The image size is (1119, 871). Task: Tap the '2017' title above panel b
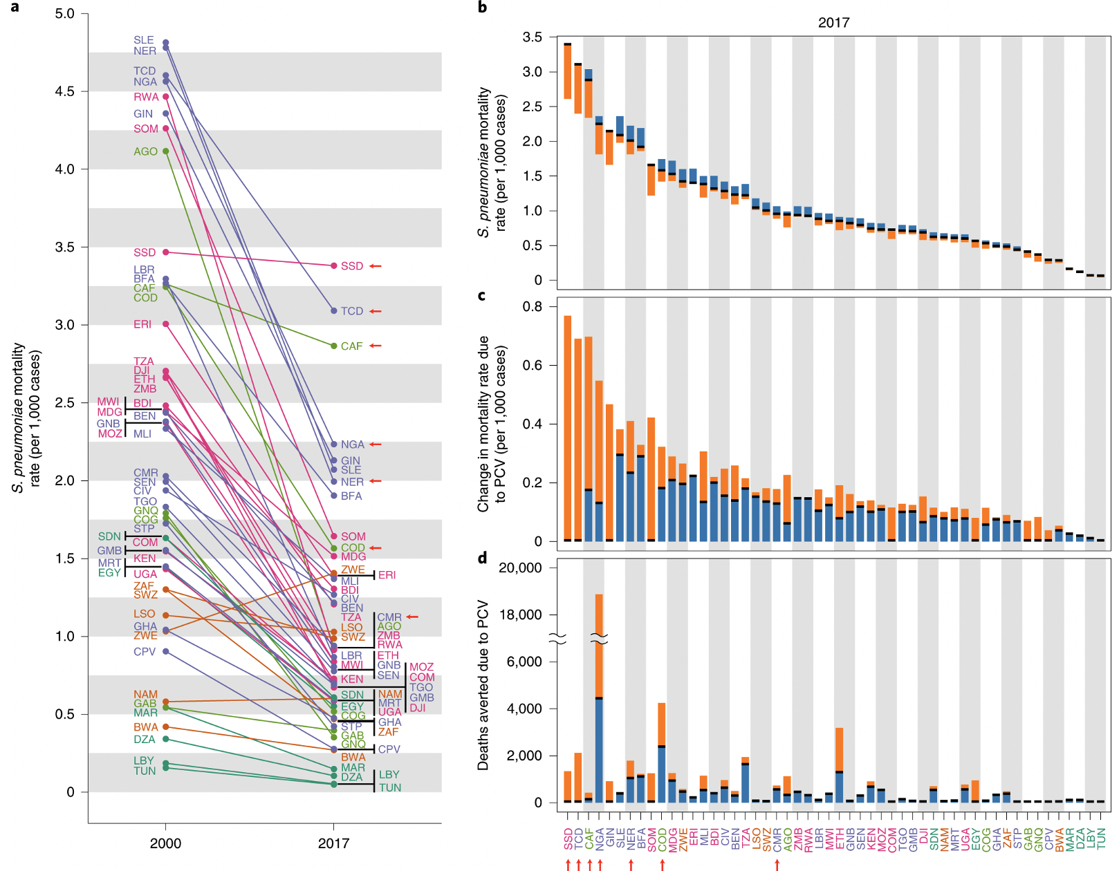(x=833, y=23)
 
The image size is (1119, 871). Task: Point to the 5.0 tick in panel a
(x=65, y=14)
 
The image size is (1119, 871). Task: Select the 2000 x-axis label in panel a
(x=165, y=843)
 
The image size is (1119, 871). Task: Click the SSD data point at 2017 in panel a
(x=334, y=265)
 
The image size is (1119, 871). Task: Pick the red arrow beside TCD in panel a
(x=376, y=311)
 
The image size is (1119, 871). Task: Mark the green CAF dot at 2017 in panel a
(x=334, y=346)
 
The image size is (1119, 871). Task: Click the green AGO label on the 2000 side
(x=145, y=151)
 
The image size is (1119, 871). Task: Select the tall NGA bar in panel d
(x=599, y=698)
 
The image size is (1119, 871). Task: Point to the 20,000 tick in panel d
(x=520, y=568)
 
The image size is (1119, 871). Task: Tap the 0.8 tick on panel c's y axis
(x=533, y=306)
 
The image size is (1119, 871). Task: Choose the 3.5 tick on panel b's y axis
(x=533, y=37)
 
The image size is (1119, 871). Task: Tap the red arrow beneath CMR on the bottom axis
(x=777, y=864)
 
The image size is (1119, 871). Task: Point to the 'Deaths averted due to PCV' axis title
(x=483, y=684)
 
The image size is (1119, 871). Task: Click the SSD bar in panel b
(x=568, y=71)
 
